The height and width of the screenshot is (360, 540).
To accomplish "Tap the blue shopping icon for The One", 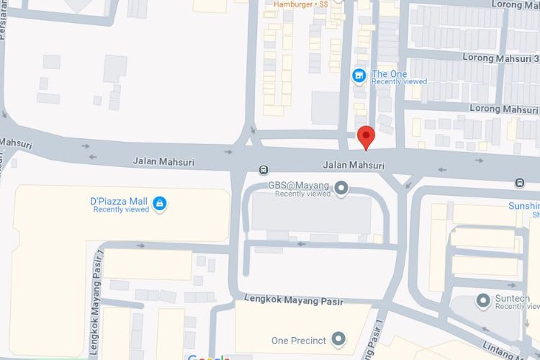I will click(358, 75).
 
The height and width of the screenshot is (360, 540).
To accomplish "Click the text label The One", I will click(389, 74).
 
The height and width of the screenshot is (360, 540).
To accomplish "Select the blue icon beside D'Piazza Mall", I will click(159, 204).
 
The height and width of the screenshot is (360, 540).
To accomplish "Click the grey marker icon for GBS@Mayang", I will click(342, 189).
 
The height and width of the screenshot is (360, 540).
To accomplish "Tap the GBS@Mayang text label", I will click(299, 185).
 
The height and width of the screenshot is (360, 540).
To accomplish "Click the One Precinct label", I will click(299, 341).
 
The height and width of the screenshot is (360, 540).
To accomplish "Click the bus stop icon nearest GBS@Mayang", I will click(264, 170).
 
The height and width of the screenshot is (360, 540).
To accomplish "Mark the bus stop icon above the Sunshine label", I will click(520, 183).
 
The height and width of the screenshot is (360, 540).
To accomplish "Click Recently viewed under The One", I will click(399, 82).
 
